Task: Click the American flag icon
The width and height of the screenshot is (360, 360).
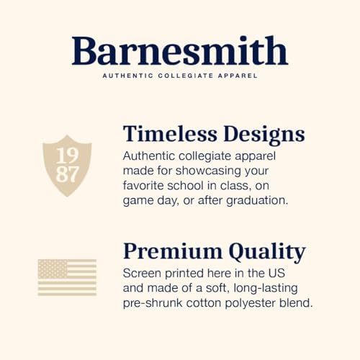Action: click(67, 277)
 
